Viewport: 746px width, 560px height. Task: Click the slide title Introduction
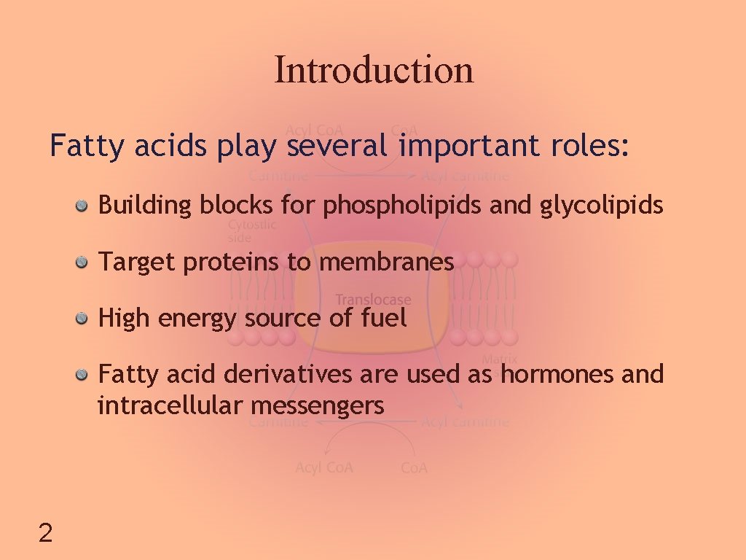coord(374,70)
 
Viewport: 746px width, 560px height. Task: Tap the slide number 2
coord(45,534)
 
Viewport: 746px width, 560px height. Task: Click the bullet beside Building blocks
coord(84,206)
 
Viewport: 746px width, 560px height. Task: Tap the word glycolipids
coord(602,206)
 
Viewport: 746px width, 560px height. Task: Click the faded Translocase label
coord(373,300)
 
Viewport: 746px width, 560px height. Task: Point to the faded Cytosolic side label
coord(251,231)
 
